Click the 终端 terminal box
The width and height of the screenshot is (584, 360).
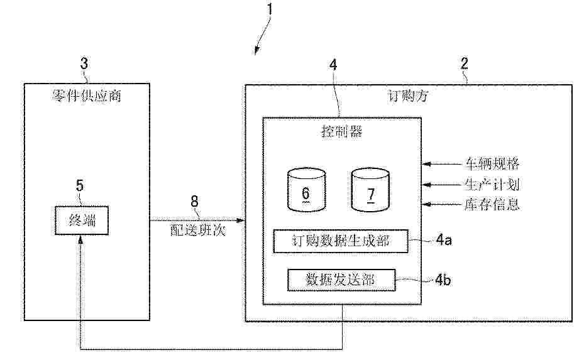point(82,221)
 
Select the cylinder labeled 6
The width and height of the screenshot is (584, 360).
point(307,190)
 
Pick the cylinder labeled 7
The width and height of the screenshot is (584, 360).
point(371,190)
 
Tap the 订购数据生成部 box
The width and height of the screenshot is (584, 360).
point(341,241)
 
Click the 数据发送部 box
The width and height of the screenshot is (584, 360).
point(341,280)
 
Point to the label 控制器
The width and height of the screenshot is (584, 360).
point(341,131)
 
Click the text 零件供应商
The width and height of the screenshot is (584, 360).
point(87,95)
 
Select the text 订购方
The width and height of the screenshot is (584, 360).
point(408,96)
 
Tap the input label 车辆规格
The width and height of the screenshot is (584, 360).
point(492,163)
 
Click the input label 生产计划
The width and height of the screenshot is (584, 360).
point(492,184)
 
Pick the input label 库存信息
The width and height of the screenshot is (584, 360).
point(492,204)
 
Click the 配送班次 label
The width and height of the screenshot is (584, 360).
point(198,230)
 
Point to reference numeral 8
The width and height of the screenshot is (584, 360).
point(194,202)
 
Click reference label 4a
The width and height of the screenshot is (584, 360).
point(444,240)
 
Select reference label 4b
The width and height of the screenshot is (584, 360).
point(443,279)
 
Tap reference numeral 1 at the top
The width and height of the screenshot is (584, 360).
point(270,9)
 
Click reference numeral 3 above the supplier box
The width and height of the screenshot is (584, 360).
point(84,63)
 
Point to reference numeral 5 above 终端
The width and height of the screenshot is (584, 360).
point(80,185)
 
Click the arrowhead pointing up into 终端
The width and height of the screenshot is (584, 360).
point(80,239)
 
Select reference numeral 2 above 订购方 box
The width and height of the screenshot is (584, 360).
point(464,63)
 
